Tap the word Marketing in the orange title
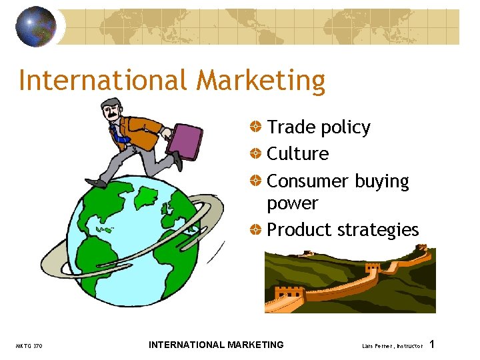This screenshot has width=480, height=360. (x=261, y=81)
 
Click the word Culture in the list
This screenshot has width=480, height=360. (x=297, y=154)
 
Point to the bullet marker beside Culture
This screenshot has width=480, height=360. (x=256, y=154)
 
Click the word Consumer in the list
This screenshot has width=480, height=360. (x=307, y=181)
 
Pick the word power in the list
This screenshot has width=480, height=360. (x=292, y=203)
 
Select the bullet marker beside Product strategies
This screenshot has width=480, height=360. (x=256, y=230)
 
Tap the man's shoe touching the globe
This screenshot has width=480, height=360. (x=97, y=182)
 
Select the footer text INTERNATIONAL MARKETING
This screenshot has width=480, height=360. (x=216, y=345)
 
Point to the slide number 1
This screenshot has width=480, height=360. (x=433, y=344)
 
